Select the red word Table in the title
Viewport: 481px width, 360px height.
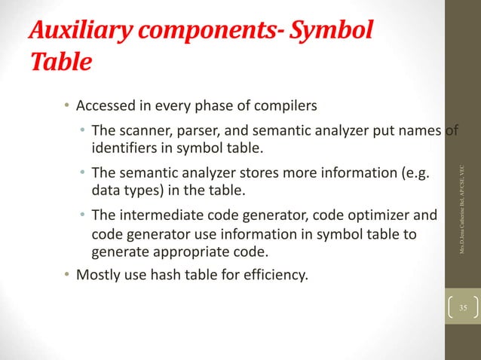[60, 63]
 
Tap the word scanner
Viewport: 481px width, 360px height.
[141, 133]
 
